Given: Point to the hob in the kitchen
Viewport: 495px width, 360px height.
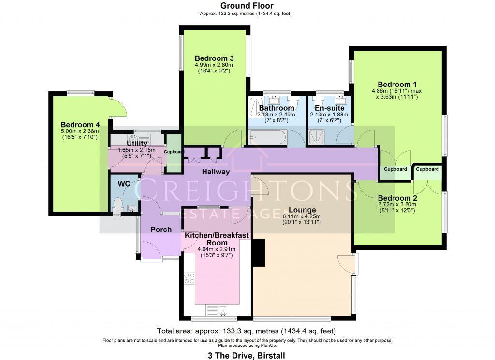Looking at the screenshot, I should point(189,278).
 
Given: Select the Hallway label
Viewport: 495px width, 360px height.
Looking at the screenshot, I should point(216,172).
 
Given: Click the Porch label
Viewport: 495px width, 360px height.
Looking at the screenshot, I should point(160,229).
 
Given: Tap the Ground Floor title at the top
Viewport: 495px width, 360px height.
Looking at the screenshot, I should point(247,6).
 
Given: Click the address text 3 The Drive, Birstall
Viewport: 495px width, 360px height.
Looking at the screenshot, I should point(247,355).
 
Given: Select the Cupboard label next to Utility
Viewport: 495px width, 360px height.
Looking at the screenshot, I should point(174,152).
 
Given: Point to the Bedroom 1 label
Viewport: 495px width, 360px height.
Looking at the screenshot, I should point(397,83).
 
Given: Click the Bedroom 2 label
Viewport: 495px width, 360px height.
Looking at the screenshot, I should point(397,198).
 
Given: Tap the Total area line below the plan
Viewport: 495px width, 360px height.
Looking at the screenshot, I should point(247,331).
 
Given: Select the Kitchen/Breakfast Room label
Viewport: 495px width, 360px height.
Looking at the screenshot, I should point(217,239).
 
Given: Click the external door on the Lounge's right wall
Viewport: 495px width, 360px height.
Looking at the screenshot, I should point(347,263).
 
